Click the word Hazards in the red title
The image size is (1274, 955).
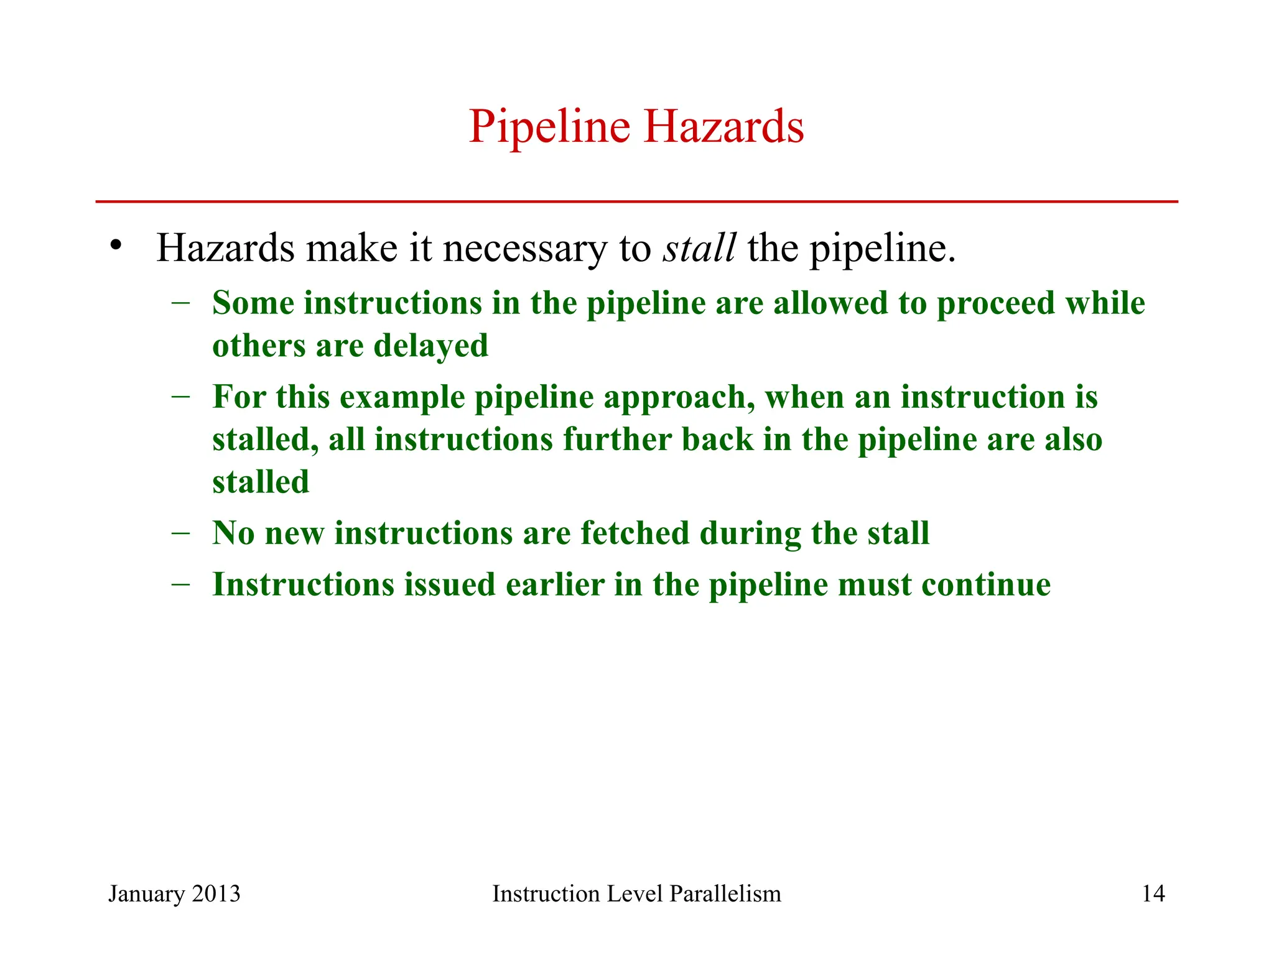click(723, 126)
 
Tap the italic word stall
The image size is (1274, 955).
click(699, 247)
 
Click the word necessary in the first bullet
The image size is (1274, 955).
click(524, 249)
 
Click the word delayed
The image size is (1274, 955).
click(430, 346)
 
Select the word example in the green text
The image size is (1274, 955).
click(402, 398)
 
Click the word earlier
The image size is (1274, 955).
click(555, 585)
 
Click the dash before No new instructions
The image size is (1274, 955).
click(180, 533)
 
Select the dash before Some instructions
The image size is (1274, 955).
click(180, 303)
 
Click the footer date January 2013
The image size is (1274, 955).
click(174, 893)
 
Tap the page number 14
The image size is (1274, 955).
click(1153, 893)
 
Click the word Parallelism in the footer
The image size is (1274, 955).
click(725, 893)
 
